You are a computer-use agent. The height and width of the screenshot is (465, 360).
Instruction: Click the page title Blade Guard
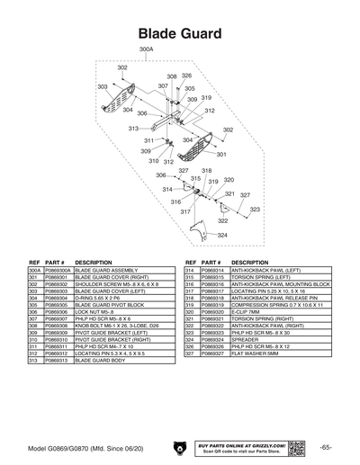click(180, 33)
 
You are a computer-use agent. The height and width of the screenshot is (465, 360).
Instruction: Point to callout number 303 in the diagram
click(103, 86)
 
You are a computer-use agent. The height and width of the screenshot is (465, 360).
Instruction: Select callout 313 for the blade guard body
click(133, 129)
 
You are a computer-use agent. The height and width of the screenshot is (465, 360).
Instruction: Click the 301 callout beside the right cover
click(221, 155)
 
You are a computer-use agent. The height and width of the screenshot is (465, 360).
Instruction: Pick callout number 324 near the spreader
click(221, 236)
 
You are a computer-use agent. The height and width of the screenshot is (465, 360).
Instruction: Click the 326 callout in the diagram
click(186, 76)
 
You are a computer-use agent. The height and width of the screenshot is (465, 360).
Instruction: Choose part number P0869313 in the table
click(58, 360)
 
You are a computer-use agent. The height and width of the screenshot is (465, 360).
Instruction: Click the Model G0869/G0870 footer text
click(83, 448)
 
